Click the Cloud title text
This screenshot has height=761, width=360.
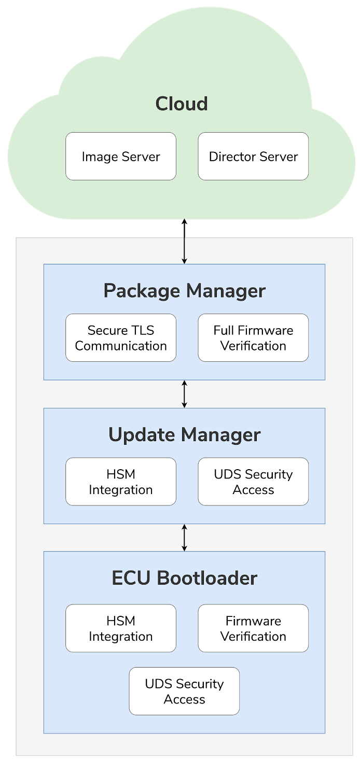182,104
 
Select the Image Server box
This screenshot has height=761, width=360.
121,157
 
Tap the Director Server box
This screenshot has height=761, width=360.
253,157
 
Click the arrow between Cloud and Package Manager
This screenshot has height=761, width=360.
184,241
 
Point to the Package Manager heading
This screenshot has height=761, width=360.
184,291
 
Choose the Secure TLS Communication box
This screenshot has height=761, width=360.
121,338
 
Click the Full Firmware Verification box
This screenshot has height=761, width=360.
253,338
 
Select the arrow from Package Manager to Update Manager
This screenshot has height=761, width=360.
184,394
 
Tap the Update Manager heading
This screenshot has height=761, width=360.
184,434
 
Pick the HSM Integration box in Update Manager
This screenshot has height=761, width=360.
121,482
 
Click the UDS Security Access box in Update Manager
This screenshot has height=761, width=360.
253,482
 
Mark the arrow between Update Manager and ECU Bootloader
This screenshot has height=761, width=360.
184,538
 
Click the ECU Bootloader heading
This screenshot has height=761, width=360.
184,578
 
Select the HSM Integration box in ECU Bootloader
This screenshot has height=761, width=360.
121,628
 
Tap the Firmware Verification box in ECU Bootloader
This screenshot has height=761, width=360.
253,628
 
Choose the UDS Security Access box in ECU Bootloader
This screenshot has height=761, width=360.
184,691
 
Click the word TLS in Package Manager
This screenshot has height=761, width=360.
143,330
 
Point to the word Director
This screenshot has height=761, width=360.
231,157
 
